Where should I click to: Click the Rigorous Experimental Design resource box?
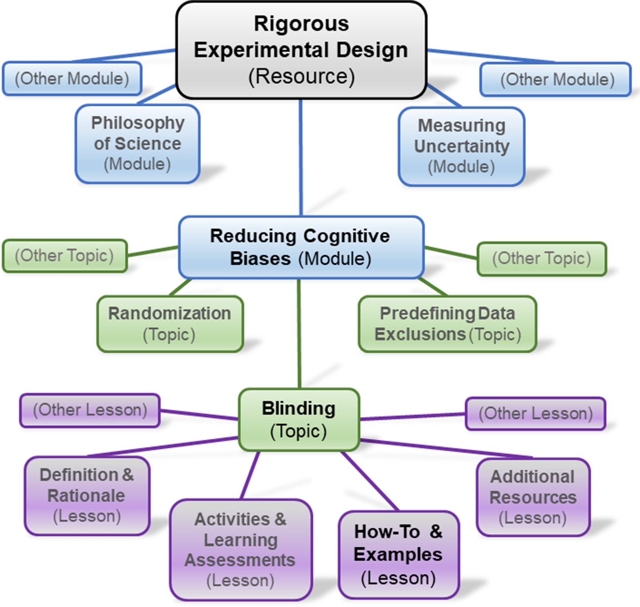(x=301, y=50)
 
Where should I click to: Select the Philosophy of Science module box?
(x=137, y=144)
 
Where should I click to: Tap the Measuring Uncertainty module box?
(x=461, y=147)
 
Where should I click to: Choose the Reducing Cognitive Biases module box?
(x=301, y=247)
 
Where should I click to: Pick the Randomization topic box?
(x=170, y=324)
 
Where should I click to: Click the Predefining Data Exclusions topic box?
(x=447, y=324)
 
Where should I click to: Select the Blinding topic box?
(x=299, y=420)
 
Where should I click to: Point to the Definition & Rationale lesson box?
(x=87, y=496)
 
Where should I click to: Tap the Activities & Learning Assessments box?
(x=240, y=550)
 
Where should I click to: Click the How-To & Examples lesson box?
(x=398, y=555)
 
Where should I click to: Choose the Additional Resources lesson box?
(x=533, y=497)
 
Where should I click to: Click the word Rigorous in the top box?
(x=301, y=24)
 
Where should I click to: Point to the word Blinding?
(x=299, y=409)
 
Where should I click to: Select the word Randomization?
(x=170, y=313)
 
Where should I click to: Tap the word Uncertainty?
(x=461, y=146)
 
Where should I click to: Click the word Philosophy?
(x=138, y=123)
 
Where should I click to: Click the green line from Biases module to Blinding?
(x=299, y=333)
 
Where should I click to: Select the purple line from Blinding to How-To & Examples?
(x=370, y=481)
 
